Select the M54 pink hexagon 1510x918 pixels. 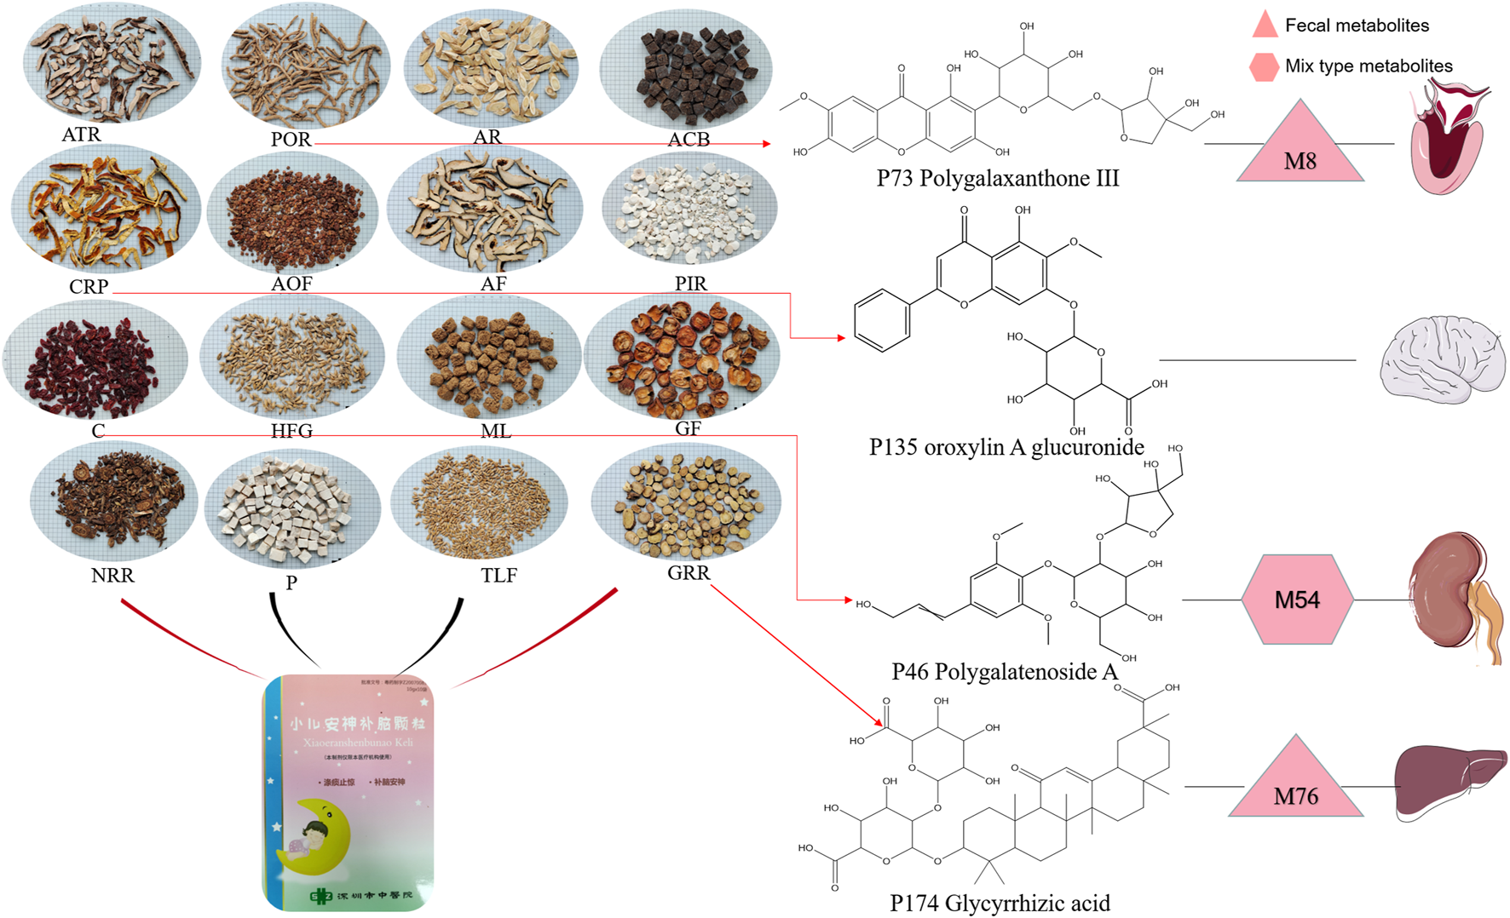coord(1297,600)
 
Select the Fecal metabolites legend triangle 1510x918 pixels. coord(1265,26)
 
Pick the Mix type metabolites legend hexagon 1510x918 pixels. coord(1264,66)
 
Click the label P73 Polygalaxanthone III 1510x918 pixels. coord(998,178)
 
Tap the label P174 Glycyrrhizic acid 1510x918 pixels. coord(1000,903)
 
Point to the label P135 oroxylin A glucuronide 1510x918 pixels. coord(1006,447)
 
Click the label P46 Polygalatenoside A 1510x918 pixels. coord(1005,671)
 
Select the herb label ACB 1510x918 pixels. coord(689,139)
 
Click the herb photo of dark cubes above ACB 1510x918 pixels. coord(686,68)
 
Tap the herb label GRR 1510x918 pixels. coord(689,572)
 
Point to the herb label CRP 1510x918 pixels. coord(89,286)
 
